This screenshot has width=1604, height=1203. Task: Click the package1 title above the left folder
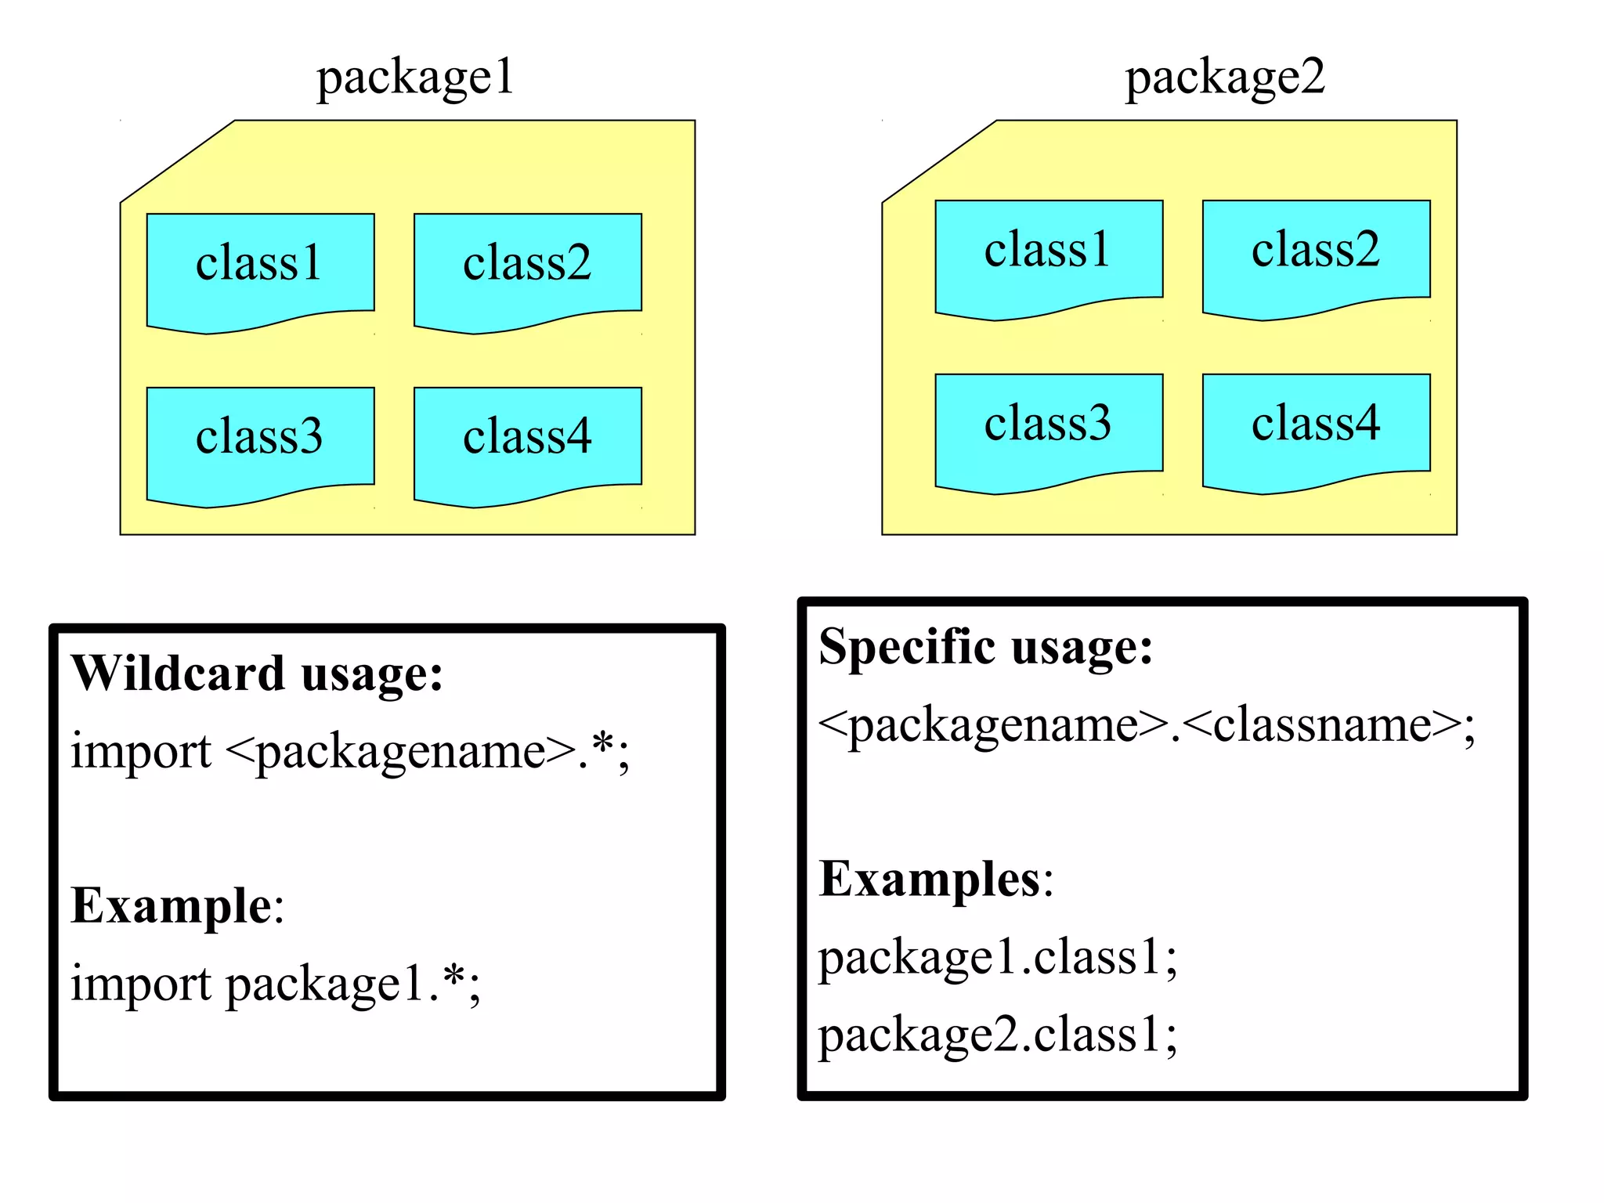click(x=415, y=78)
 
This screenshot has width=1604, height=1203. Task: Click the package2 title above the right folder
click(x=1224, y=78)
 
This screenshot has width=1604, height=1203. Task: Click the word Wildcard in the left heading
click(x=178, y=673)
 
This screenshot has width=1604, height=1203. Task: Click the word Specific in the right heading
click(x=907, y=647)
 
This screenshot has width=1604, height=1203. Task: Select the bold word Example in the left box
click(x=171, y=906)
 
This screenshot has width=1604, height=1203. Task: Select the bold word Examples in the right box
click(x=930, y=879)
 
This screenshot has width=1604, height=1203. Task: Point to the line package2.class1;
click(x=997, y=1035)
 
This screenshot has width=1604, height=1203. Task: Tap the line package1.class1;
click(x=997, y=957)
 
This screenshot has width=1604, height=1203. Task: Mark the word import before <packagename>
click(x=141, y=751)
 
